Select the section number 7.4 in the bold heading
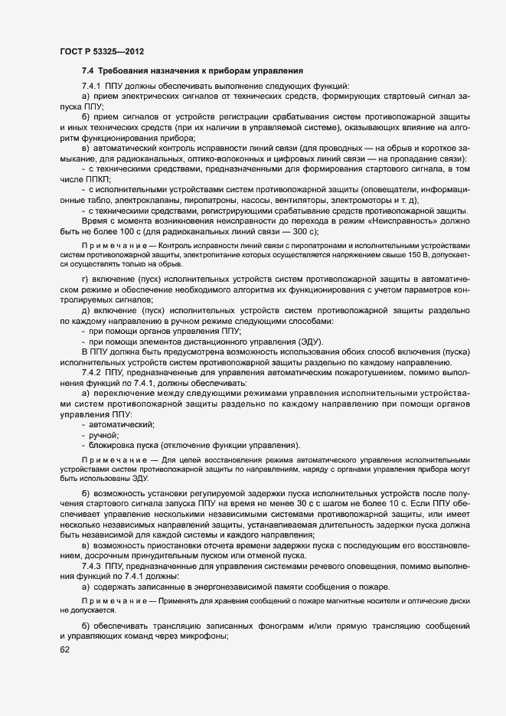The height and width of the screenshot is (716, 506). [x=89, y=70]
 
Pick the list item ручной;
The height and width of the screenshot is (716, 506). [x=104, y=434]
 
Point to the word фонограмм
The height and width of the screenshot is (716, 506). [x=281, y=627]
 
